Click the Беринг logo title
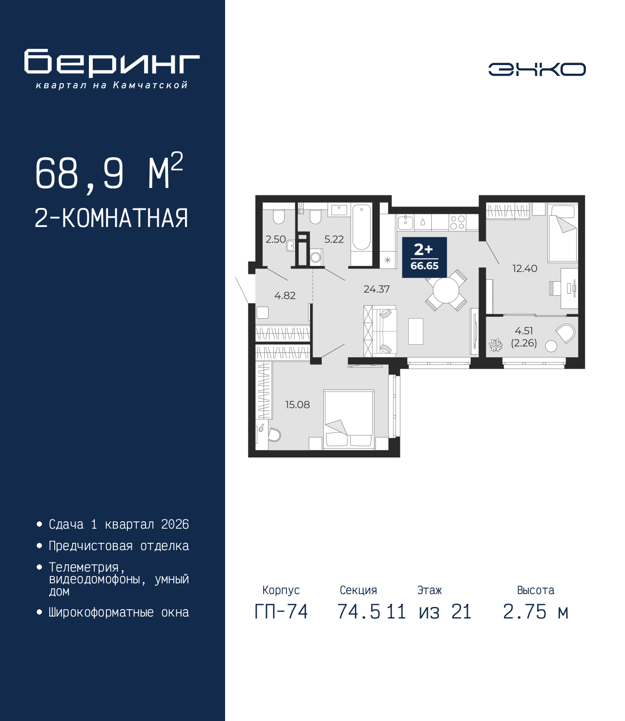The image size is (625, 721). pyautogui.click(x=112, y=63)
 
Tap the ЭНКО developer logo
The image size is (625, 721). pyautogui.click(x=537, y=69)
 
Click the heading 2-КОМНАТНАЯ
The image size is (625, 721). pyautogui.click(x=111, y=218)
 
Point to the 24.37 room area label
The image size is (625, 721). pyautogui.click(x=376, y=289)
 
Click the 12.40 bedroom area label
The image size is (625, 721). pyautogui.click(x=524, y=268)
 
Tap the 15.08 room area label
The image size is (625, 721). pyautogui.click(x=297, y=405)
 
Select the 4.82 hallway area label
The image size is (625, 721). pyautogui.click(x=285, y=295)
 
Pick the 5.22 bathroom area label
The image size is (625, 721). pyautogui.click(x=334, y=239)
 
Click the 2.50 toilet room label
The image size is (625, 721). pyautogui.click(x=275, y=239)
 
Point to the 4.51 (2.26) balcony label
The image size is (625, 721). pyautogui.click(x=524, y=337)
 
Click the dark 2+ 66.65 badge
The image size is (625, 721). pyautogui.click(x=424, y=257)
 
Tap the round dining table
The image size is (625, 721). pyautogui.click(x=446, y=291)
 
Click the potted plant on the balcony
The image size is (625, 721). pyautogui.click(x=496, y=345)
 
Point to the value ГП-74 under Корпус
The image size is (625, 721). pyautogui.click(x=281, y=612)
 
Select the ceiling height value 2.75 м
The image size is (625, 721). pyautogui.click(x=536, y=612)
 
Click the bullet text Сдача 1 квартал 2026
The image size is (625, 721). pyautogui.click(x=119, y=524)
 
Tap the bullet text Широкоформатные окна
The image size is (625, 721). pyautogui.click(x=119, y=612)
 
